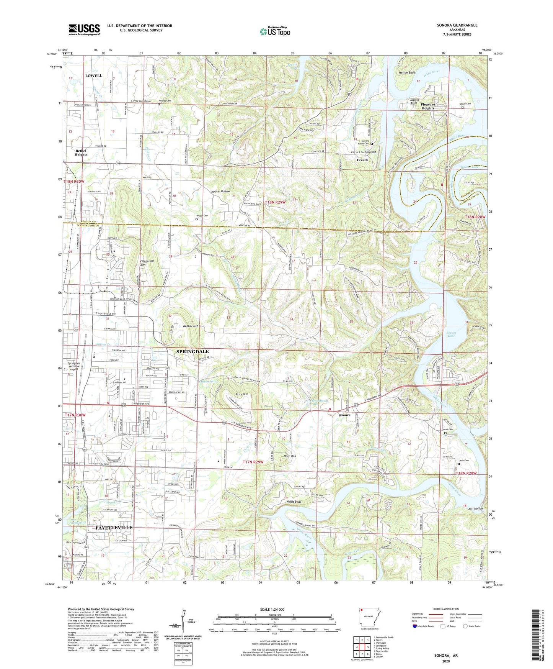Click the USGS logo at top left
(x=84, y=30)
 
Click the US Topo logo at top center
(x=274, y=31)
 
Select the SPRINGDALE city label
(x=192, y=351)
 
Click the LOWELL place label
(x=94, y=75)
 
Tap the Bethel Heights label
(x=81, y=152)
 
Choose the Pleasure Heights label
(x=427, y=106)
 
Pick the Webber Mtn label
(x=190, y=326)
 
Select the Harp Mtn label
(x=290, y=456)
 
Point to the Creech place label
(x=362, y=160)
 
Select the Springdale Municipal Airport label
(x=74, y=366)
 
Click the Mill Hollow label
(x=475, y=508)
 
